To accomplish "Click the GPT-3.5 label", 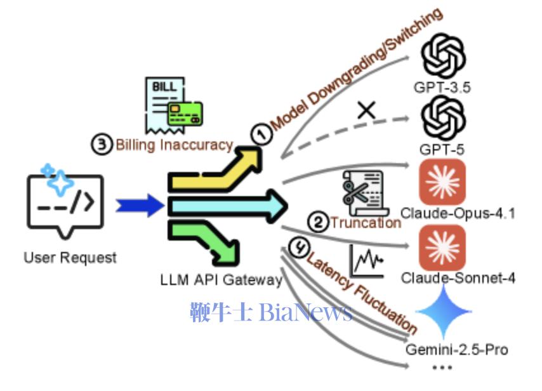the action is (x=442, y=87).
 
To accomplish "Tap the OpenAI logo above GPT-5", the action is (x=443, y=118).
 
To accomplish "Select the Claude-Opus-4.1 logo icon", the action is (x=442, y=182).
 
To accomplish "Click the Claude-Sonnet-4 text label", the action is (x=458, y=278).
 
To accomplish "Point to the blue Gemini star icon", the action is (x=444, y=311).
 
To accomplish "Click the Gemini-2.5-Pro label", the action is (x=456, y=350).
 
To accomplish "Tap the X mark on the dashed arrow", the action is (x=366, y=110).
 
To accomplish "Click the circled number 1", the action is (x=261, y=134).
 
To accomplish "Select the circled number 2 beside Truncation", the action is (x=318, y=222).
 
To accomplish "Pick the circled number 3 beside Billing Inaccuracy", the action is (x=102, y=144).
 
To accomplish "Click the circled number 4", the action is (x=299, y=247).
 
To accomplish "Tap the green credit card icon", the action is (x=185, y=114).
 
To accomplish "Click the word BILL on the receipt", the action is (x=164, y=86).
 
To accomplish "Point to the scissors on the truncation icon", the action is (x=355, y=192).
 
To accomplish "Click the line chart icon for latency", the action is (x=366, y=261).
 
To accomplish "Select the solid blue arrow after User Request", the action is (x=140, y=206).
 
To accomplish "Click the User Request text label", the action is (x=70, y=258).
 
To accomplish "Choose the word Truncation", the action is (x=366, y=223).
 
